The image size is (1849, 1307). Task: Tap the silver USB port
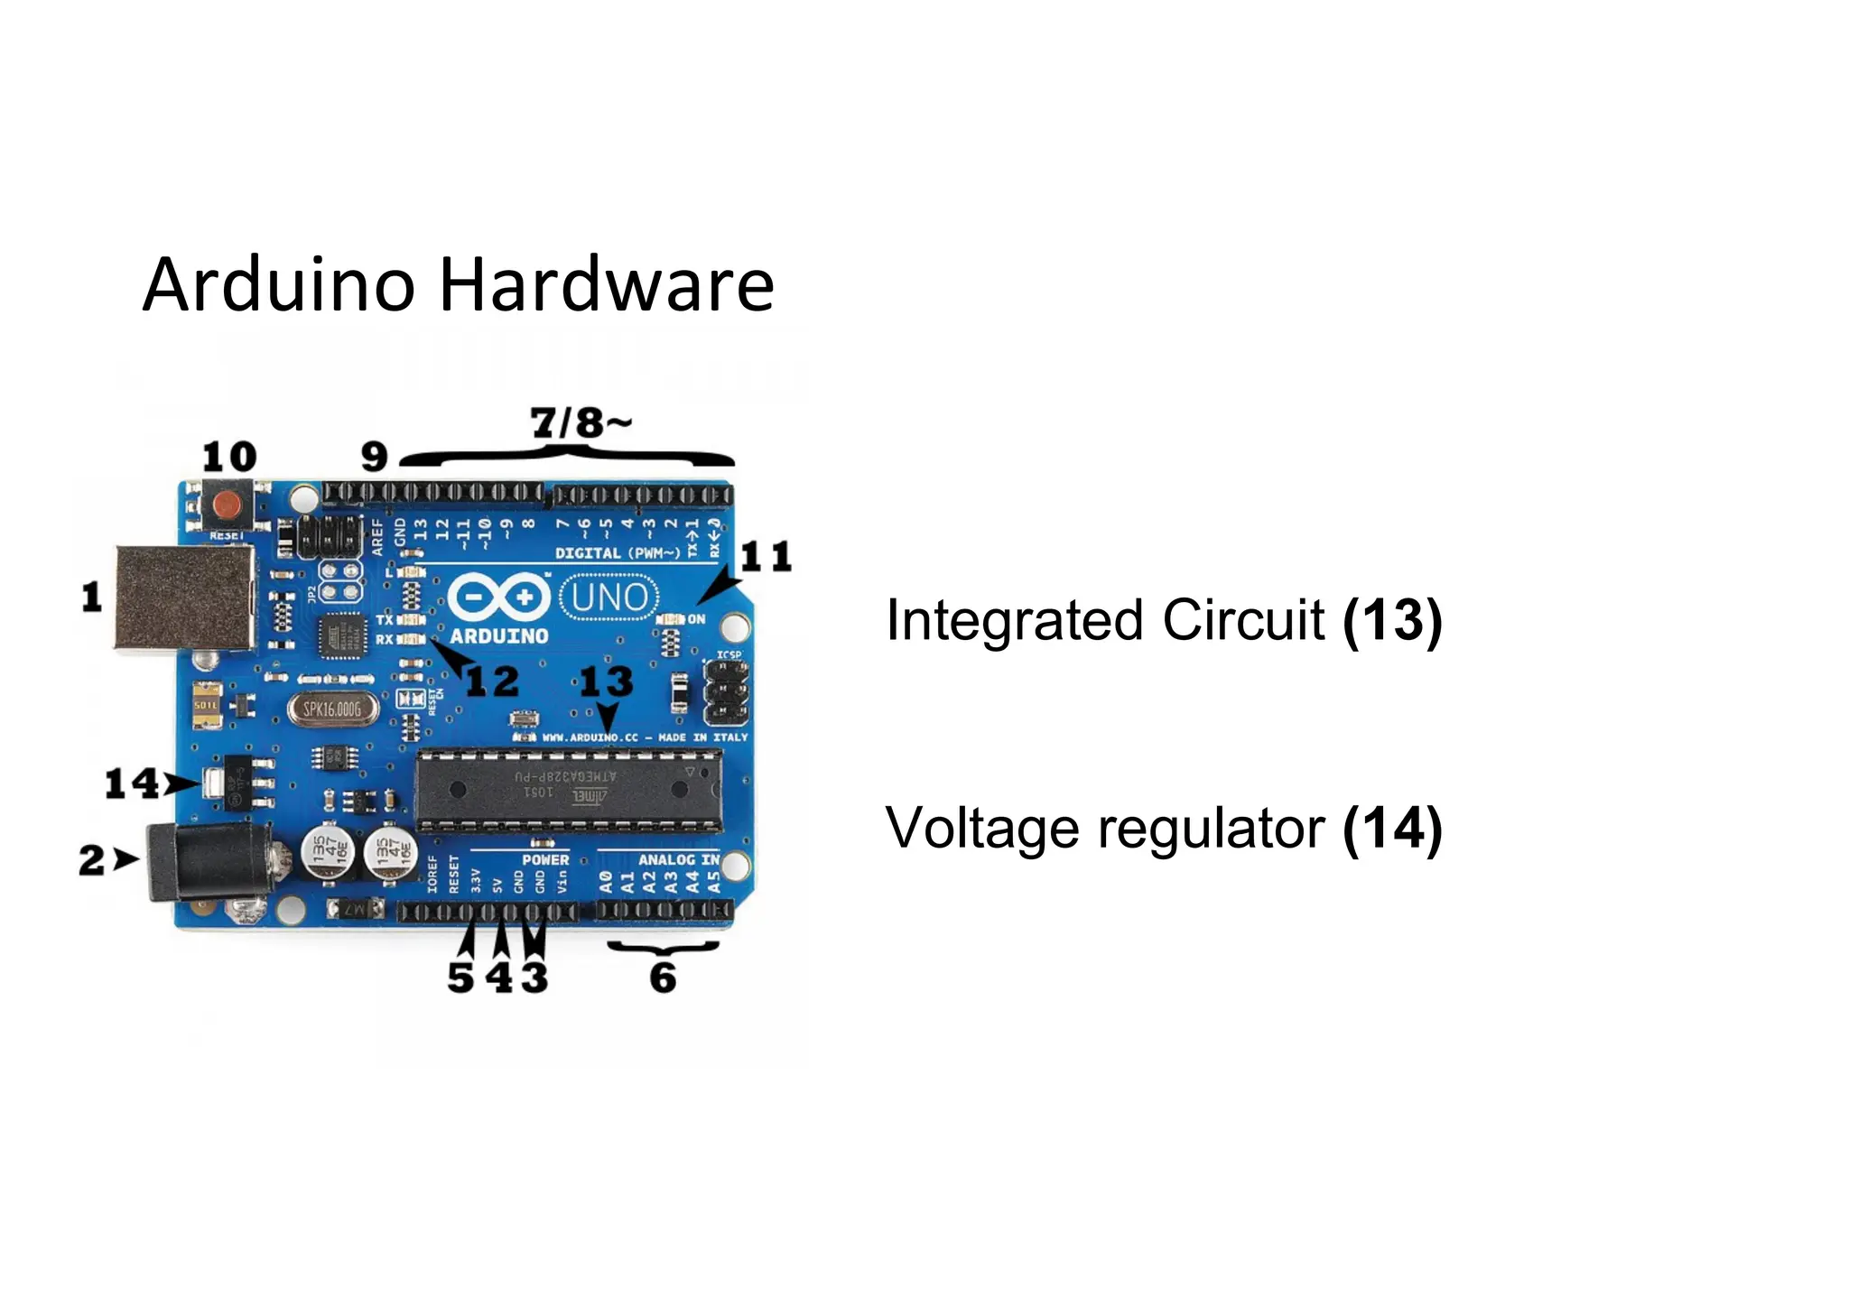coord(183,598)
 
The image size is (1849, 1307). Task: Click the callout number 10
coord(229,457)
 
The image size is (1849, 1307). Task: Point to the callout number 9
coord(374,457)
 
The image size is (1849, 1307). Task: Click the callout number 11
coord(766,557)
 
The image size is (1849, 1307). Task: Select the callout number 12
coord(492,681)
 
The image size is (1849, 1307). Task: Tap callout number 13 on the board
coord(606,681)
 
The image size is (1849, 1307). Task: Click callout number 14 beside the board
coord(132,783)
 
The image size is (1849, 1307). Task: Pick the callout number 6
coord(663,978)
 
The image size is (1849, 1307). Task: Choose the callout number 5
coord(460,978)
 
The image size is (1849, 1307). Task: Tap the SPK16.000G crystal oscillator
coord(331,709)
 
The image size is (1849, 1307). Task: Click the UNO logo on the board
coord(609,598)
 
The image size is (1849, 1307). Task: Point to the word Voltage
coord(982,829)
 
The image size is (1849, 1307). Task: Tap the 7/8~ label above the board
coord(580,422)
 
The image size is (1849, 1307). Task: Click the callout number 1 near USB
coord(91,598)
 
